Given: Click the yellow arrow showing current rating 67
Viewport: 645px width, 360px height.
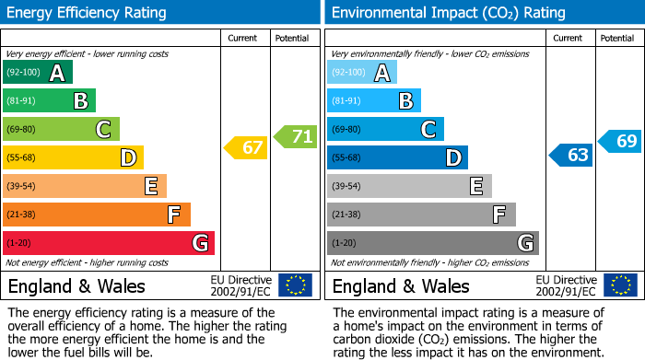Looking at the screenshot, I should tap(246, 147).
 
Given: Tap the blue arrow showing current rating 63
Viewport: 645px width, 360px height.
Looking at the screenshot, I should tap(570, 155).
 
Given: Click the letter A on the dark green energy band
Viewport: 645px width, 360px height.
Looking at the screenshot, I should tap(57, 73).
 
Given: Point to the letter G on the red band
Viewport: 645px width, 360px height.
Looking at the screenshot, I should tap(199, 243).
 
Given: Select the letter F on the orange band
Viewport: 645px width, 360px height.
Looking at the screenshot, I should tap(173, 215).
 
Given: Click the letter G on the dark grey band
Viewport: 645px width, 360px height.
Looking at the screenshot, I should tap(525, 243).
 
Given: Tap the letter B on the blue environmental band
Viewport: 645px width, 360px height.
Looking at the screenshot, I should tap(405, 101).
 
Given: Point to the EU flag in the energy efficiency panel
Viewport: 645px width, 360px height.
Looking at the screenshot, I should tap(295, 285).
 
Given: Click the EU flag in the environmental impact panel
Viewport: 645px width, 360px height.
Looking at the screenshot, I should tap(620, 285).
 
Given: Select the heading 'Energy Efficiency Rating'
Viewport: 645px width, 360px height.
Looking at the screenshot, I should tap(88, 13).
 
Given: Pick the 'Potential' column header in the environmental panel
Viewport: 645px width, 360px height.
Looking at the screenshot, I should tap(617, 39).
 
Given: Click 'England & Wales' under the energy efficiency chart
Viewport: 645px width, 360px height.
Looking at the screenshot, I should tap(76, 286).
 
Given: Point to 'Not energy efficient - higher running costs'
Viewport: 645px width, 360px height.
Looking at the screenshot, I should tap(88, 262).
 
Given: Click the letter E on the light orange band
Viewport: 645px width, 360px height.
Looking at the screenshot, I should tap(150, 187).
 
